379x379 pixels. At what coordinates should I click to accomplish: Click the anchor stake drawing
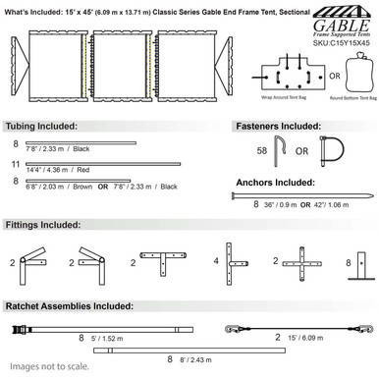304,198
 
